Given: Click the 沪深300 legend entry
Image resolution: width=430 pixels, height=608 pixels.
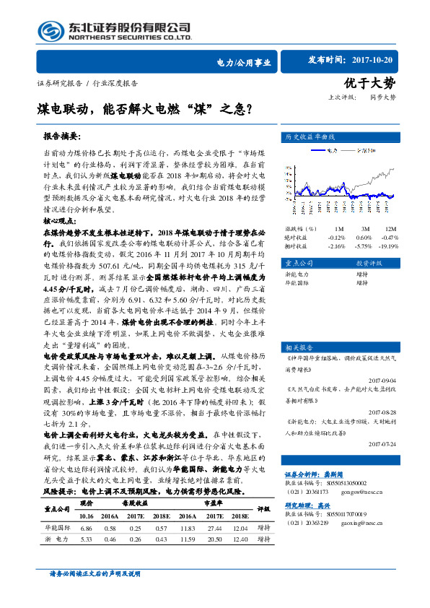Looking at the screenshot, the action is [x=365, y=152].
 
